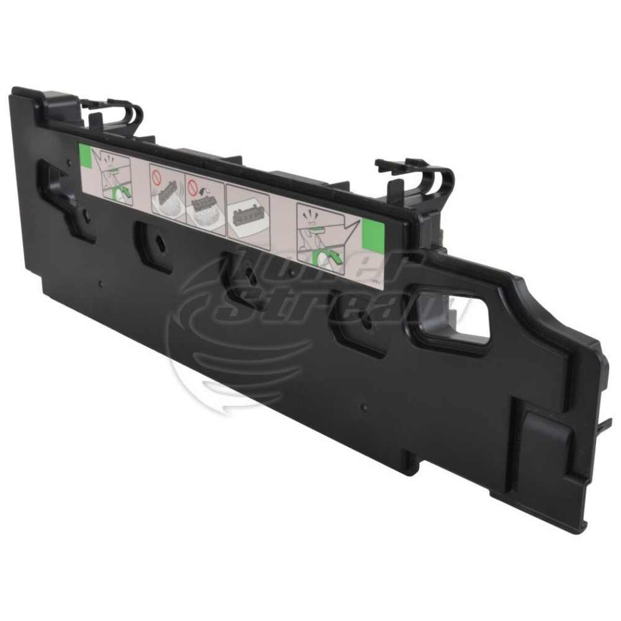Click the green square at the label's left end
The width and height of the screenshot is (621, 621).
point(85,155)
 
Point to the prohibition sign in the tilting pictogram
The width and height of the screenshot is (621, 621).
point(194,184)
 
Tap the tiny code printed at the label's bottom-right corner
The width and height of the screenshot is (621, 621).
point(376,281)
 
